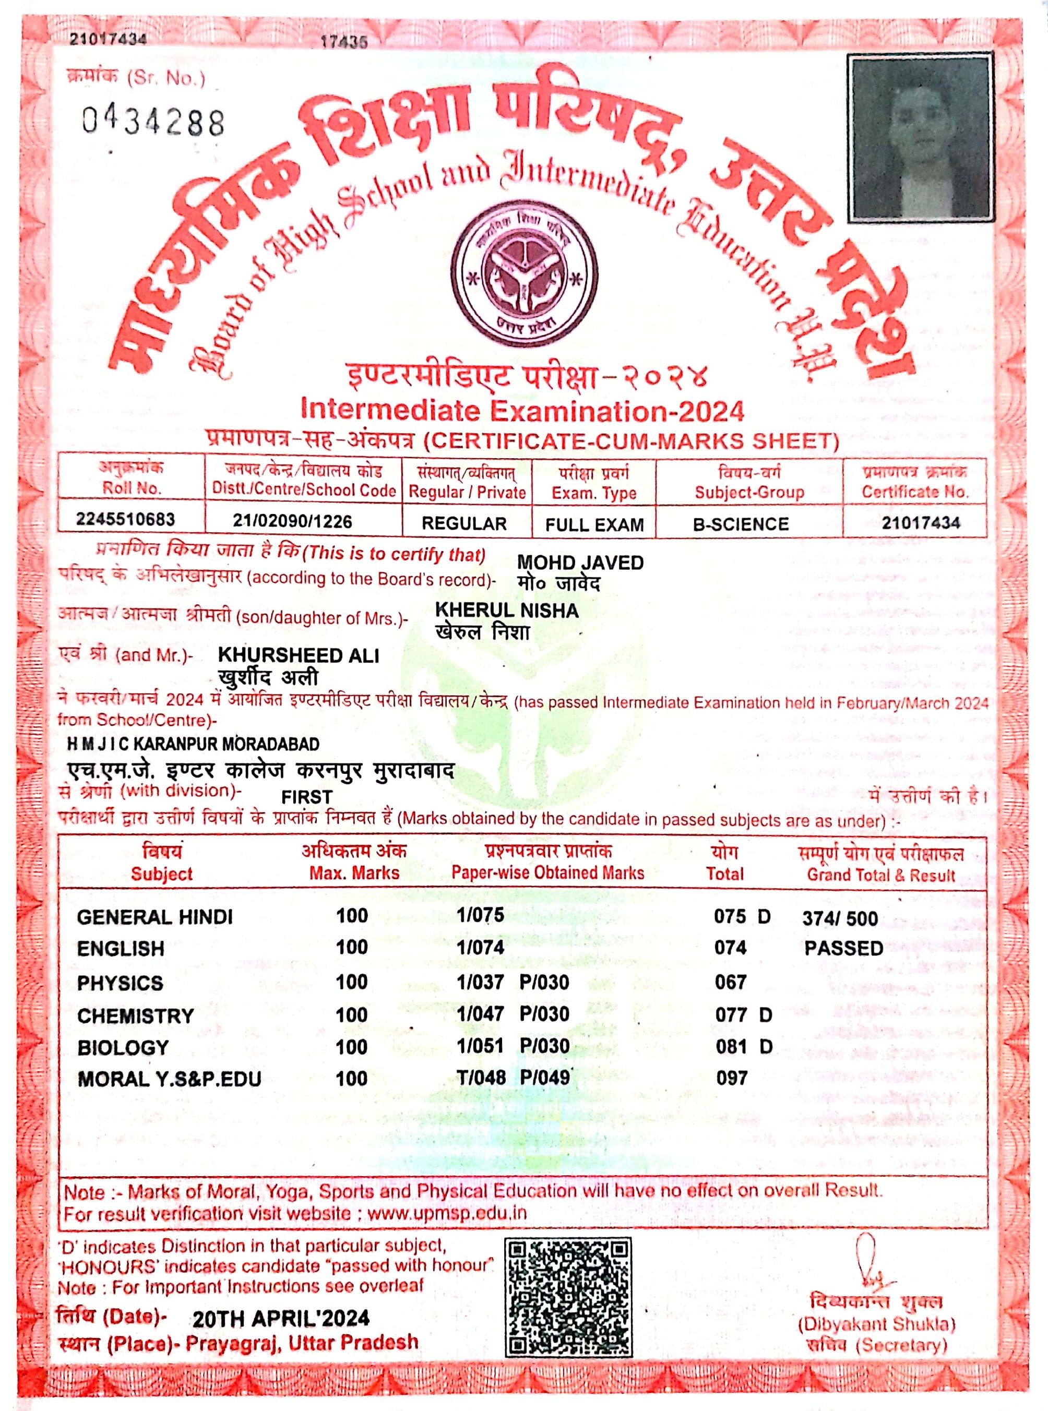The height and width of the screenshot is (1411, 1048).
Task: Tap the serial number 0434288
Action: pyautogui.click(x=153, y=121)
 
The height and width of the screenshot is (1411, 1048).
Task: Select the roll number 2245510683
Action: pyautogui.click(x=126, y=520)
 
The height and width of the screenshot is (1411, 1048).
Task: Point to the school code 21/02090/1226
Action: pyautogui.click(x=292, y=521)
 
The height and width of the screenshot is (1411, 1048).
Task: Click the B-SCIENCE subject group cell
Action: pyautogui.click(x=741, y=524)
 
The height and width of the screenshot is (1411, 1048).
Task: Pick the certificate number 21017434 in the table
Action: pyautogui.click(x=921, y=522)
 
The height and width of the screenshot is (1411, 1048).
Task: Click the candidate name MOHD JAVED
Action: pyautogui.click(x=580, y=563)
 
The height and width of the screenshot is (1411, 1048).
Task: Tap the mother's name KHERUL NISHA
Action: pyautogui.click(x=507, y=611)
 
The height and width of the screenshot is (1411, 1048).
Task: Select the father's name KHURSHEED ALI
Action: pyautogui.click(x=299, y=655)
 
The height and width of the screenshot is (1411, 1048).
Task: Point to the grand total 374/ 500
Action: pyautogui.click(x=840, y=919)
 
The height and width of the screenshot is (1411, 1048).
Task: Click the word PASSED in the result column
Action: pyautogui.click(x=844, y=949)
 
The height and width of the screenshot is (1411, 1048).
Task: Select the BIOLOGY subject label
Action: pyautogui.click(x=123, y=1048)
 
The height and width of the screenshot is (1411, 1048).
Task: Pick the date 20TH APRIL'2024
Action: pyautogui.click(x=281, y=1319)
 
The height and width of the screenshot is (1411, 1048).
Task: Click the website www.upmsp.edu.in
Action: pyautogui.click(x=447, y=1213)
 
